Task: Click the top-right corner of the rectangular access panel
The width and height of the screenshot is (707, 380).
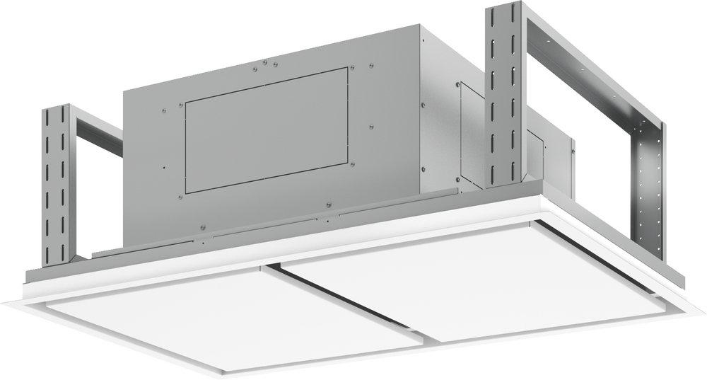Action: tap(348, 69)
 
